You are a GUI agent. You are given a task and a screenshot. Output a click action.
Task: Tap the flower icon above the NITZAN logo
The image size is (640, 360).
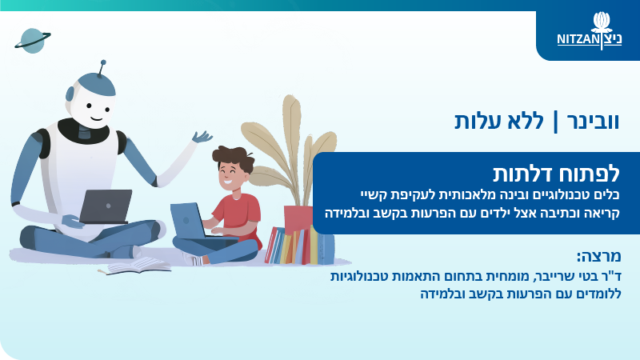pos(602,22)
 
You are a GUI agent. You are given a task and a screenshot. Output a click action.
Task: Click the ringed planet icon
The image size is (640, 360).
pos(33,41)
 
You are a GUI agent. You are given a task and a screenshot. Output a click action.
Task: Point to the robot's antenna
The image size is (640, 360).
pos(102,68)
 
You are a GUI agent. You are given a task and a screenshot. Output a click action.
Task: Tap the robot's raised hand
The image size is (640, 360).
pos(202,137)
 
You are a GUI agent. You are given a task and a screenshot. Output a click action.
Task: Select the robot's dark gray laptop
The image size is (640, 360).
pos(106,206)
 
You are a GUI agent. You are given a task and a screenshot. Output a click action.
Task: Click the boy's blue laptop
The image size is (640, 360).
pos(189,222)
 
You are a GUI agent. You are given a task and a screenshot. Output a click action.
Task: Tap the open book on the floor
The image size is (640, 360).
pos(138,266)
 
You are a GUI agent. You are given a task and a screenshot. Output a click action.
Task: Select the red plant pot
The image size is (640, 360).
pos(298,218)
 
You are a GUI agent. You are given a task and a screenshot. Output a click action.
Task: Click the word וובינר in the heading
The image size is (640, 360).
pos(593,122)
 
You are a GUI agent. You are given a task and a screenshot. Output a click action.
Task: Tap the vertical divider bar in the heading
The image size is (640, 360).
pos(555,122)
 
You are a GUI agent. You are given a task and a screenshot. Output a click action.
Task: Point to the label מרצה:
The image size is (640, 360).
pos(598,256)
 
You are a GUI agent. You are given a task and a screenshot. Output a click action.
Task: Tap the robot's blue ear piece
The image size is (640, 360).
pos(70,94)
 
